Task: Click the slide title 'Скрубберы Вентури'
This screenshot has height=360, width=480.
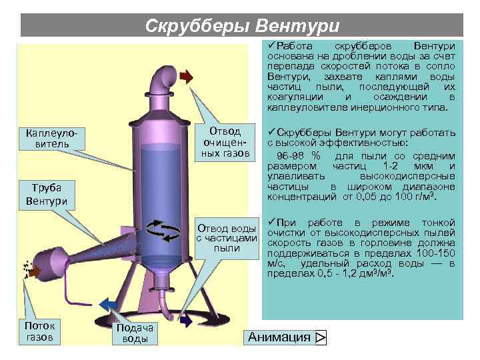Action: (x=242, y=26)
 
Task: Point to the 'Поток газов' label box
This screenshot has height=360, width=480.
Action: (x=39, y=331)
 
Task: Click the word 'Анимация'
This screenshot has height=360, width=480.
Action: (x=279, y=337)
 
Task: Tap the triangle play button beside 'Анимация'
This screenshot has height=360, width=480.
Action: (x=320, y=338)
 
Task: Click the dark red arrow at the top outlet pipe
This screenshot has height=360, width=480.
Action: (x=187, y=77)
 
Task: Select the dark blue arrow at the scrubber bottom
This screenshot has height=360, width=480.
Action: (x=186, y=321)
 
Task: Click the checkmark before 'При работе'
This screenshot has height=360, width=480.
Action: (x=271, y=221)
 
